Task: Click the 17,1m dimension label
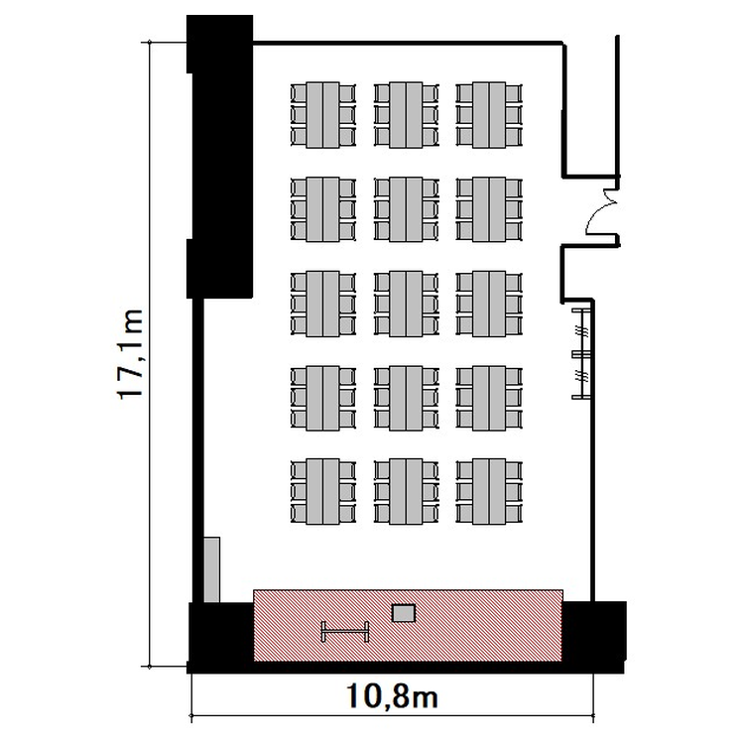click(130, 354)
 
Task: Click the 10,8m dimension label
click(392, 696)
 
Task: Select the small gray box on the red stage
click(404, 613)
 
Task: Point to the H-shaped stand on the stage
click(345, 632)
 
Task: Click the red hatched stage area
click(408, 625)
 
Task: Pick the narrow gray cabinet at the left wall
click(211, 569)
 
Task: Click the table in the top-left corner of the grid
click(322, 115)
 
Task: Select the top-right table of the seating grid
click(489, 115)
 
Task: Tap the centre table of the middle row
click(406, 304)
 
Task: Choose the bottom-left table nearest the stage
click(322, 492)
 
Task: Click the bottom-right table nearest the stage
click(489, 492)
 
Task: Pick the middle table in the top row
click(406, 115)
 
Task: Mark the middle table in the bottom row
click(406, 492)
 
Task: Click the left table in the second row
click(322, 209)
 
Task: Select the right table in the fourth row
click(489, 398)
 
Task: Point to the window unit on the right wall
click(582, 353)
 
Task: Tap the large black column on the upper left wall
click(220, 157)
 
